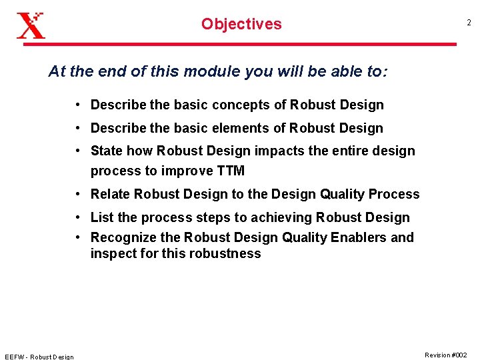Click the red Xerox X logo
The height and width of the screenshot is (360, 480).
[31, 25]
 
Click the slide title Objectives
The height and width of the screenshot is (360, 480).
[241, 24]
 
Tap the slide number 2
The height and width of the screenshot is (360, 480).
[468, 23]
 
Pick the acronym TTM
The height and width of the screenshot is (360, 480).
[231, 171]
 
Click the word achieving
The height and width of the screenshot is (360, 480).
[280, 217]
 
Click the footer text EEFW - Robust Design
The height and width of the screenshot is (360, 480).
[39, 356]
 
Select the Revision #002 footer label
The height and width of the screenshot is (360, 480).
[445, 355]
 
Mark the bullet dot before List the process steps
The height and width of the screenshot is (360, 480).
[78, 217]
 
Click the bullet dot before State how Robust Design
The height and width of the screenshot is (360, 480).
[78, 151]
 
